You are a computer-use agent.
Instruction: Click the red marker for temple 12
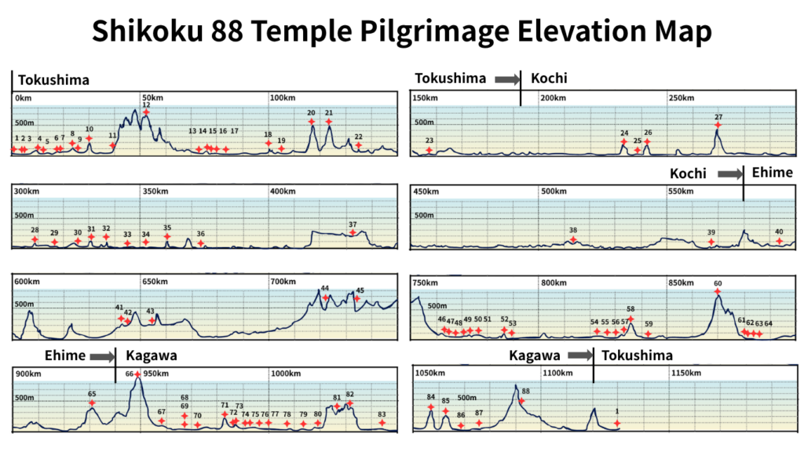coord(146,113)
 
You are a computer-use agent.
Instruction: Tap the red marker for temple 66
coord(138,374)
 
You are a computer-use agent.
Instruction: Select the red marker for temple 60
coord(718,293)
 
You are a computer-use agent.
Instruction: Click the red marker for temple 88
coord(521,401)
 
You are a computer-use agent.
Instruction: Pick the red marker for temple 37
coord(353,232)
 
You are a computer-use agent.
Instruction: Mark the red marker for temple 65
coord(92,403)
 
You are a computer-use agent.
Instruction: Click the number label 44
coord(325,289)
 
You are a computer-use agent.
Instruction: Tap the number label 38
coord(573,230)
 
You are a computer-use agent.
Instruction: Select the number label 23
coord(429,140)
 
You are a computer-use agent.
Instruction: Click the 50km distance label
coord(152,98)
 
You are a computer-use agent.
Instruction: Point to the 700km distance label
coord(283,281)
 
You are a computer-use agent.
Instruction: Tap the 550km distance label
coord(682,191)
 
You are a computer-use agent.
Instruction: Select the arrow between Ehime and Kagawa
coord(102,356)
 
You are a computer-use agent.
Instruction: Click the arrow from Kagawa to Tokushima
coord(580,355)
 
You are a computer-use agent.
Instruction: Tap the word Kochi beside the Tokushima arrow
coord(549,78)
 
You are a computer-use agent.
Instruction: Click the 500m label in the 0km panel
coord(25,123)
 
